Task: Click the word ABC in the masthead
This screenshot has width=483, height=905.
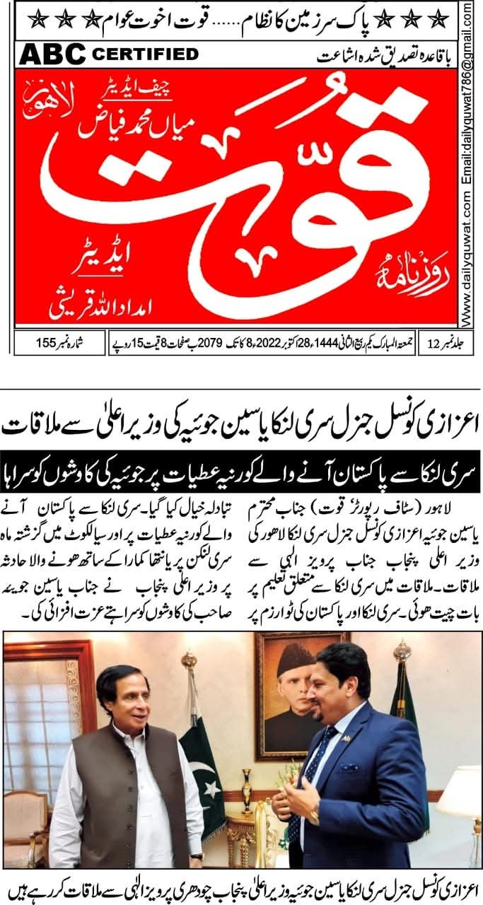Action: [x=52, y=54]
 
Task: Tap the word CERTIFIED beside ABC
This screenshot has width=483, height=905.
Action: [x=145, y=54]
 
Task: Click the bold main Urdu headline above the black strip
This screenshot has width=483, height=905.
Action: [x=240, y=426]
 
